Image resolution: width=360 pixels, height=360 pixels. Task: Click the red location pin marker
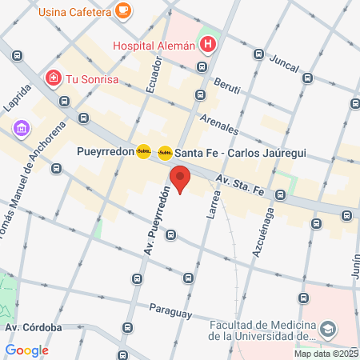[179, 179]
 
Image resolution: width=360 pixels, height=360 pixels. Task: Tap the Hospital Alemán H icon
[209, 45]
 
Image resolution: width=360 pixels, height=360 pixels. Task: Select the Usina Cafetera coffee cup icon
[122, 10]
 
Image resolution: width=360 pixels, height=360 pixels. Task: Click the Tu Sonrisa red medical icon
[53, 78]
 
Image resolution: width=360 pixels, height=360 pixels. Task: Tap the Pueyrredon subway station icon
[143, 151]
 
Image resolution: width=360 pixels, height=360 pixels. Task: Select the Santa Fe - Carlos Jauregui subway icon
[165, 152]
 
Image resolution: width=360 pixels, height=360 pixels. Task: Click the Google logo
[26, 350]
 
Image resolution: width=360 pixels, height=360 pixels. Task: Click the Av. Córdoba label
[34, 327]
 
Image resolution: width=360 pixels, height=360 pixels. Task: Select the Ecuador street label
[155, 78]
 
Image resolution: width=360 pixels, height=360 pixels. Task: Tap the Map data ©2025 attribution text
[325, 354]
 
